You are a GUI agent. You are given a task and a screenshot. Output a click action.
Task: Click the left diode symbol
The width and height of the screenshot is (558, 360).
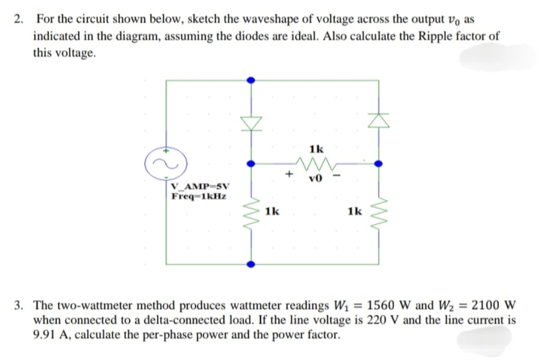(251, 124)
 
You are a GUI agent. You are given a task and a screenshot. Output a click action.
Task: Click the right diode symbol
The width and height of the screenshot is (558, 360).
(378, 119)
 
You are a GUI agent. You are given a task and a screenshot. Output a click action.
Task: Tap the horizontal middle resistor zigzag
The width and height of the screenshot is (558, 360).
(315, 162)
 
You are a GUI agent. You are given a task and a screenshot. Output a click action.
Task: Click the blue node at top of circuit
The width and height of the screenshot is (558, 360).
(251, 80)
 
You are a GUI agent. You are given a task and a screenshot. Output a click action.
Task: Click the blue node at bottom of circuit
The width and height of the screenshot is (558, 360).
(251, 264)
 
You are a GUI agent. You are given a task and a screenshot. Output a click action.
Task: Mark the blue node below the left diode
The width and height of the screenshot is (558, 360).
(251, 162)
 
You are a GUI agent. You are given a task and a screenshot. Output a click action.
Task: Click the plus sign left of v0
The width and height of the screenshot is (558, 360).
(290, 174)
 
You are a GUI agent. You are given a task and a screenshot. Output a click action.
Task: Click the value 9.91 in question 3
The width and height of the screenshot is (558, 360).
(46, 334)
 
